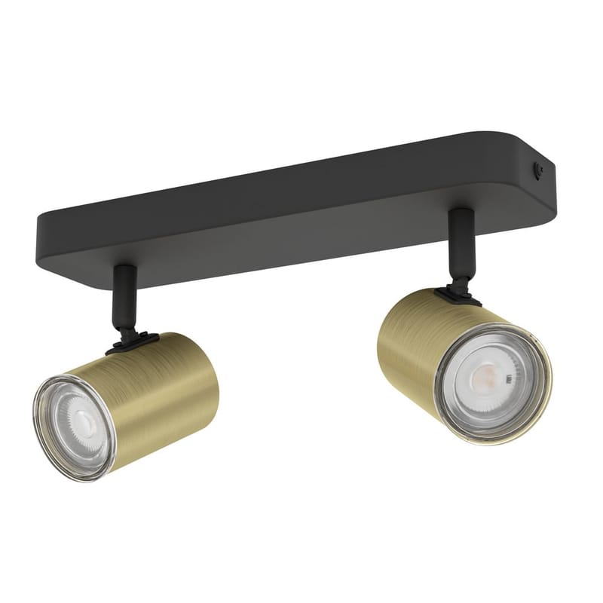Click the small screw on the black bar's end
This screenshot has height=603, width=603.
[540, 171]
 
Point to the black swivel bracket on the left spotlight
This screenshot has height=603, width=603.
[132, 344]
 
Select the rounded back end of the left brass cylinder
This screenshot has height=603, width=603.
[211, 377]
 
